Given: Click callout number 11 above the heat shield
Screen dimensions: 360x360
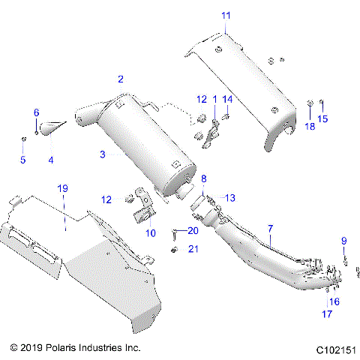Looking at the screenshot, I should (226, 15).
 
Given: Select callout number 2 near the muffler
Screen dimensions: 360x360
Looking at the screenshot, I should (121, 79).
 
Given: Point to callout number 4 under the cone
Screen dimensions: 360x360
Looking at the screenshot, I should (50, 160).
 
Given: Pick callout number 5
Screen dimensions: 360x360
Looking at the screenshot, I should (22, 160).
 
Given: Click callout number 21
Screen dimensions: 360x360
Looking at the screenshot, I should (192, 248).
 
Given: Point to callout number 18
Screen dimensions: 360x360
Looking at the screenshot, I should (310, 127).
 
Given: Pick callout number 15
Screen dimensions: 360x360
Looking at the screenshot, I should (324, 118).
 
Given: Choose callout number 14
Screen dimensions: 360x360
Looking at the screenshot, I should (228, 99).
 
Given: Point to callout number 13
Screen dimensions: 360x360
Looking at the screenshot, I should (230, 197).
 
